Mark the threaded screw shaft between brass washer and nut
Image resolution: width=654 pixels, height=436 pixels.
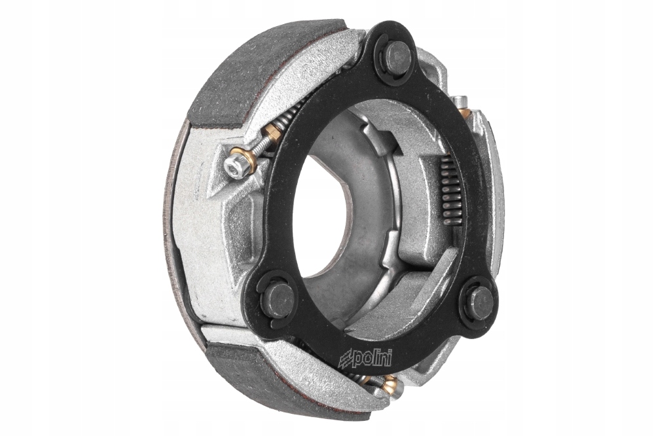point(260,147)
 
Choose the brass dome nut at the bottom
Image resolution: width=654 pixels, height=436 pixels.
point(389,386)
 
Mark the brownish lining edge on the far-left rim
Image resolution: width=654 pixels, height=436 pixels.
point(172,216)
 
